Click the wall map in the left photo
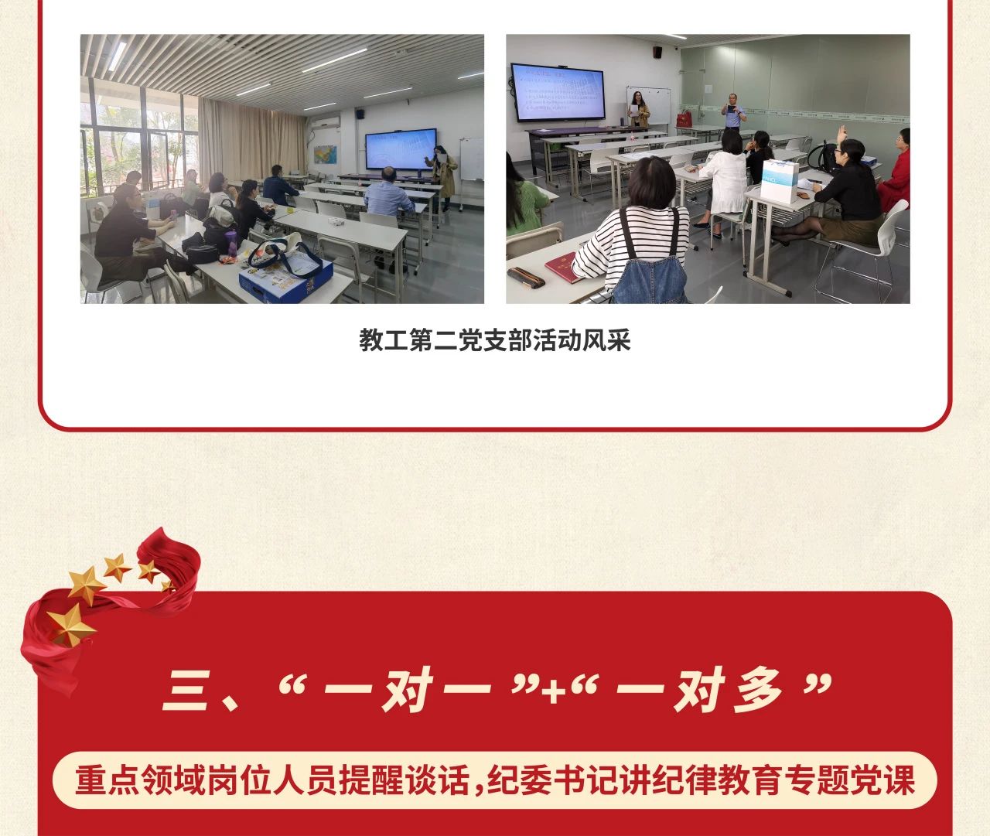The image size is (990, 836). point(326,155)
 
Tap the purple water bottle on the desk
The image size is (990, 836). point(231,244)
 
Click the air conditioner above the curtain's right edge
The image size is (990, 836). point(326,122)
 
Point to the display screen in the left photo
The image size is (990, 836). point(401,149)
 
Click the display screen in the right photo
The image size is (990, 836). point(558,94)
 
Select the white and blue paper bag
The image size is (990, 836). point(780,181)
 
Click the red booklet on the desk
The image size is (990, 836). point(562,268)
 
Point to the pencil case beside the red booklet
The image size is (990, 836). point(527,278)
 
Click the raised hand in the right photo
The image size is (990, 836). point(841,135)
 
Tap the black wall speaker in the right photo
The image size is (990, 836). point(657,52)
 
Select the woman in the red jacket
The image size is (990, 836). point(894,170)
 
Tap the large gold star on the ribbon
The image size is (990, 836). point(70,626)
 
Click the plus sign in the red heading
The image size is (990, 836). point(554,691)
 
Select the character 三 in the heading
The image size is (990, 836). point(186,691)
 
